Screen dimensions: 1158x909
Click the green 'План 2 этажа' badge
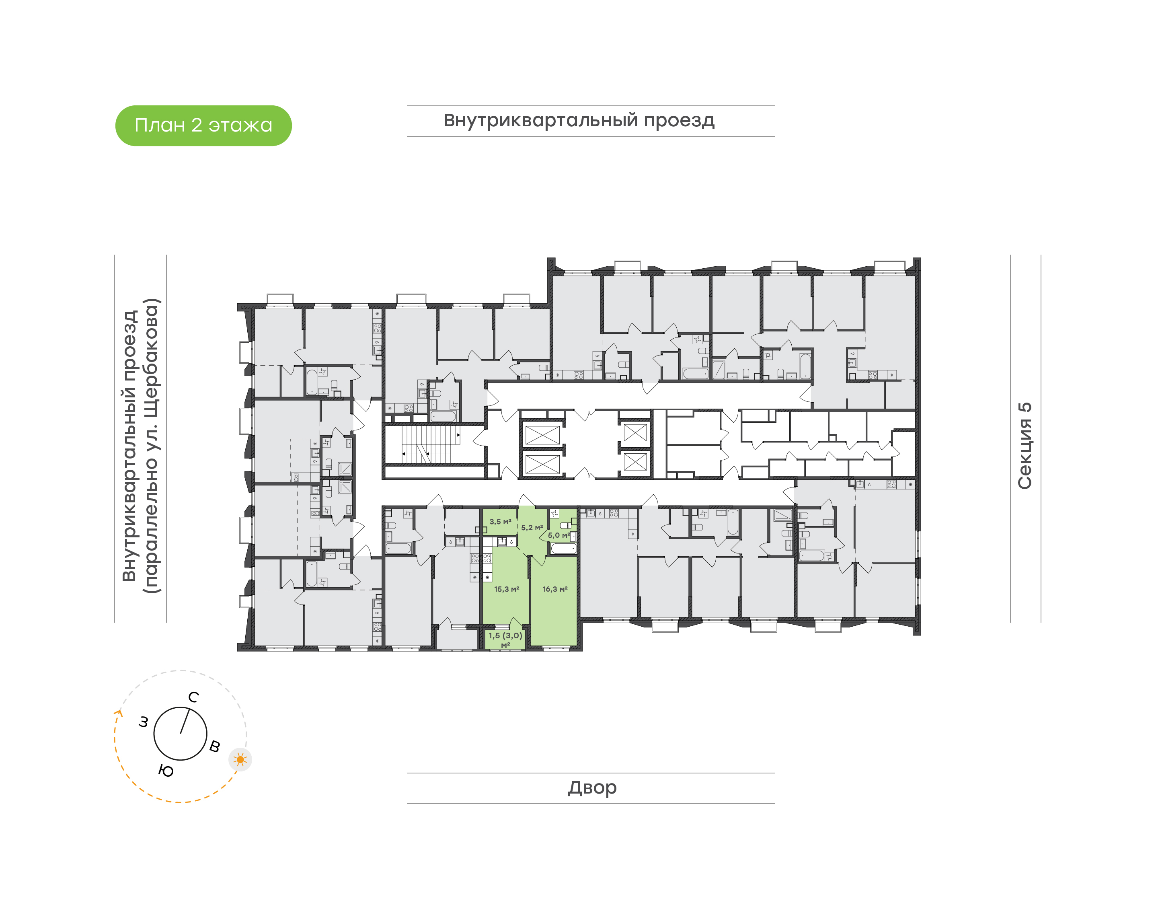coord(203,125)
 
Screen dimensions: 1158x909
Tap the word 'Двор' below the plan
coord(592,788)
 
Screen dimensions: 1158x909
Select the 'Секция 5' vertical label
coord(1025,446)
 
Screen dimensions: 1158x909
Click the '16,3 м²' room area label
coord(555,589)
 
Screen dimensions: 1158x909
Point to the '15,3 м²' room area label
coord(506,589)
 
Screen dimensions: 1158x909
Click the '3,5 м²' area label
coord(500,522)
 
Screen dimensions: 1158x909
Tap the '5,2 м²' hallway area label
coord(532,527)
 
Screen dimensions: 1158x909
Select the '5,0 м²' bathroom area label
coord(558,535)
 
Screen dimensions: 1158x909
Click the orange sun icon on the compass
coord(240,759)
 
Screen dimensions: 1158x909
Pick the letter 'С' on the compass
coord(194,697)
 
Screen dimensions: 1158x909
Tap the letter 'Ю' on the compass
coord(166,771)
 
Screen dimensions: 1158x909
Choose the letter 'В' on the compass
coord(214,746)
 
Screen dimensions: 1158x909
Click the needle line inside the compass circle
coord(185,721)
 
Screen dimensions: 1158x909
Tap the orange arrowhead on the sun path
coord(119,714)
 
